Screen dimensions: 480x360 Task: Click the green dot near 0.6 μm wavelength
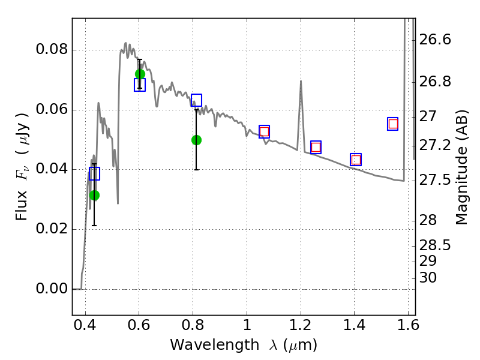click(x=140, y=74)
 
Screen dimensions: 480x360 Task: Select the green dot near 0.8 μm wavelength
click(x=196, y=140)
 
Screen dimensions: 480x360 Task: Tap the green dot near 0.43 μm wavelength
click(x=95, y=195)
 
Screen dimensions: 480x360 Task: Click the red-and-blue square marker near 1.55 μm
click(x=393, y=124)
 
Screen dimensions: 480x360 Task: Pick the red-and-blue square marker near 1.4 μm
click(x=356, y=160)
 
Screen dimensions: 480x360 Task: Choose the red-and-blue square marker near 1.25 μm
click(x=316, y=147)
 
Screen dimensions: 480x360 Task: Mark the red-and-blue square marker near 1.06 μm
click(x=264, y=131)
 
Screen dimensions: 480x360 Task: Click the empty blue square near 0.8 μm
click(x=196, y=100)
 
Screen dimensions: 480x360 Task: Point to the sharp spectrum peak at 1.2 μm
click(x=301, y=81)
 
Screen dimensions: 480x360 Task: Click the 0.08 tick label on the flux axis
click(x=52, y=49)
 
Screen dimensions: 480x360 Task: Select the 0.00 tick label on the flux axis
click(x=52, y=289)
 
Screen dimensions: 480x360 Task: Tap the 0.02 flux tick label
click(x=52, y=229)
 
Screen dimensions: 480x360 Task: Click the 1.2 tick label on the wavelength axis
click(x=301, y=325)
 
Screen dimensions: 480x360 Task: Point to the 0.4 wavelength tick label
click(x=85, y=325)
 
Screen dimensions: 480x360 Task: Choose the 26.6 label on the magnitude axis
click(x=435, y=40)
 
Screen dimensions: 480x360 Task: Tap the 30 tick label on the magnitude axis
click(x=428, y=278)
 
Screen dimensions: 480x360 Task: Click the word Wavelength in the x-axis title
click(x=215, y=345)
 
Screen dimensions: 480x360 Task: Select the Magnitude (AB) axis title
click(x=462, y=167)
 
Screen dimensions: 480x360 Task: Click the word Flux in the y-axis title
click(x=22, y=206)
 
